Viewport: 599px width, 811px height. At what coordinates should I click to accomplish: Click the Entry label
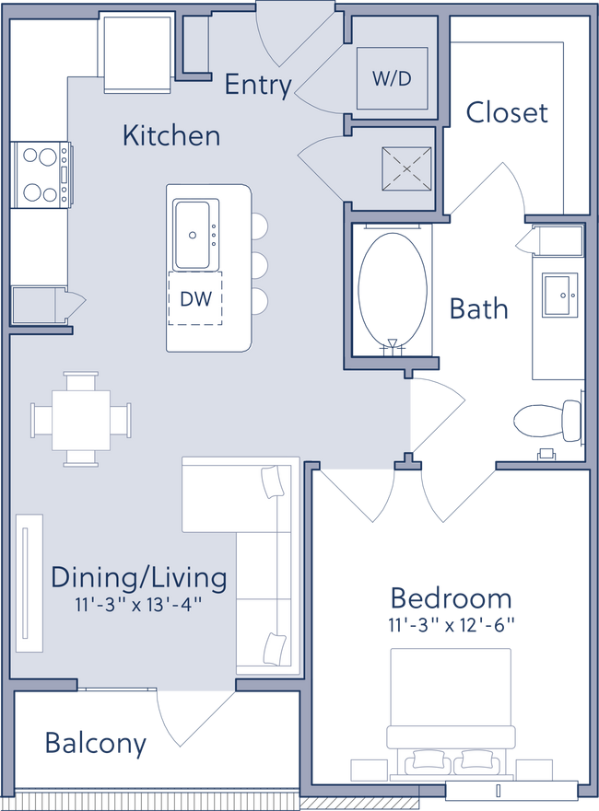coord(258,85)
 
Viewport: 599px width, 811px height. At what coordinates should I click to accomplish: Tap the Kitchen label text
coord(171,136)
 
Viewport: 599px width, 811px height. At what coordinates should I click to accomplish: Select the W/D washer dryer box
coord(393,78)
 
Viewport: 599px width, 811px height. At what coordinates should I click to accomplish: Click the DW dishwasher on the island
coord(196,298)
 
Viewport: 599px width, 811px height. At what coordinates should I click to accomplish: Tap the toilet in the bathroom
coord(547,422)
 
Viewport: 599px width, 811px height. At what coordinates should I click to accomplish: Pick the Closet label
coord(506,113)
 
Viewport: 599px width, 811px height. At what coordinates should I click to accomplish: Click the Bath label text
coord(477,308)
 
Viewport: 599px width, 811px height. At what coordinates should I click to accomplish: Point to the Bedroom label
coord(452,598)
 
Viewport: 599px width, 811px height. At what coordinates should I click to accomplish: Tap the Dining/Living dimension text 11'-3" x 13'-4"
coord(139,606)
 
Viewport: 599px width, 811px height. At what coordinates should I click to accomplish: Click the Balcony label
coord(96,743)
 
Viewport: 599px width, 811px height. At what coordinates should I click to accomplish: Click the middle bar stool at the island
coord(257,264)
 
